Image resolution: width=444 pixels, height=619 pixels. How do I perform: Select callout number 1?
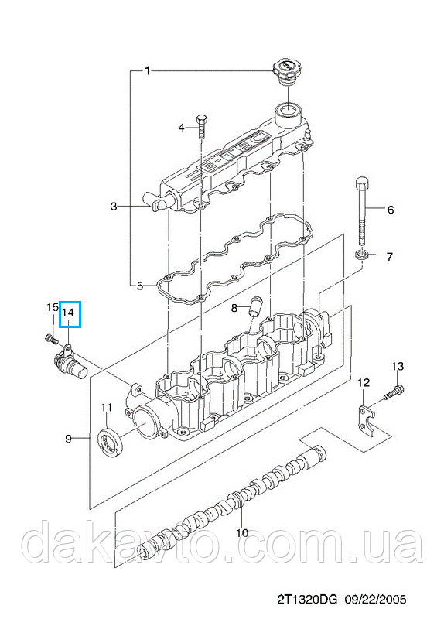tap(147, 71)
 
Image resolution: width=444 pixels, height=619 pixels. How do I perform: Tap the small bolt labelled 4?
tap(202, 125)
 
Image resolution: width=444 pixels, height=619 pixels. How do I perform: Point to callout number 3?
tap(114, 206)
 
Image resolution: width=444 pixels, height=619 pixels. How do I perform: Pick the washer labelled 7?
tap(362, 255)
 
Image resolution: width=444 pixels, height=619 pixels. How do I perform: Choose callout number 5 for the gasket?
tap(140, 285)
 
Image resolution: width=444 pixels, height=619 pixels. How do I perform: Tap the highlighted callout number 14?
tap(69, 313)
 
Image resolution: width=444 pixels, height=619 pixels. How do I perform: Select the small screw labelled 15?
tap(50, 339)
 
